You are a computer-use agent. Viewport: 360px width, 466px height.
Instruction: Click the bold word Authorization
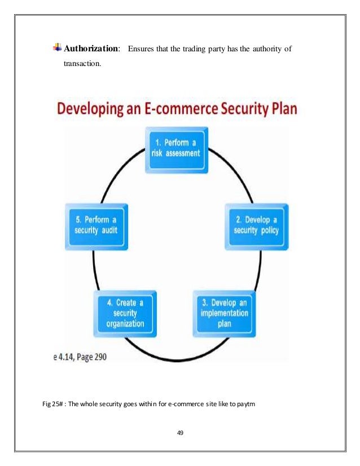[x=91, y=49]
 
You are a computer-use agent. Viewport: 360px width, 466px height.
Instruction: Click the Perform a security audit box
[x=98, y=226]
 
